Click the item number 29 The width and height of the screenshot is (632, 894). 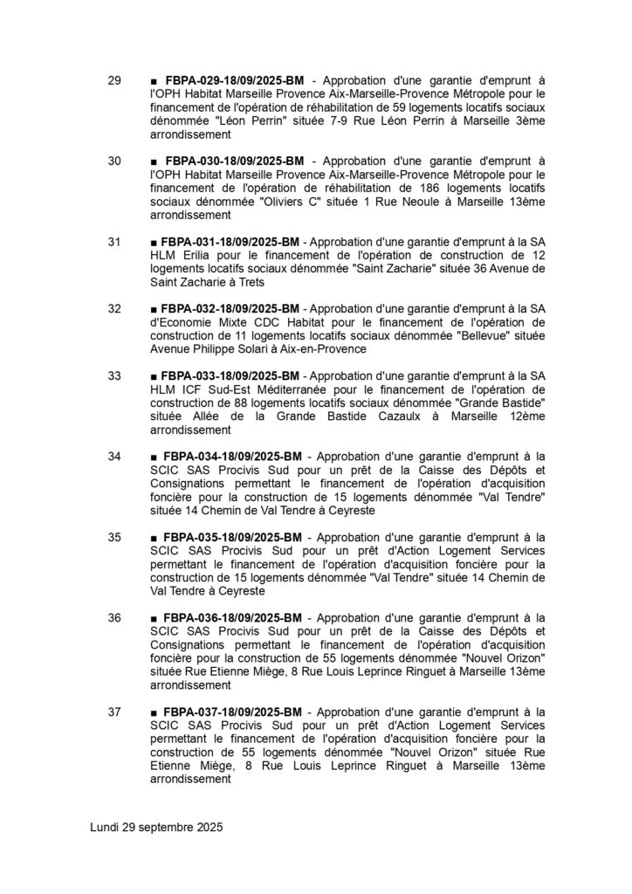tap(114, 82)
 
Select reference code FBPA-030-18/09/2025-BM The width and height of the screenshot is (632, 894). tap(233, 162)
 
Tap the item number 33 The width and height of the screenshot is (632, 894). tap(114, 375)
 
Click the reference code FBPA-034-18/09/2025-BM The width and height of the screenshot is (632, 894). tap(233, 456)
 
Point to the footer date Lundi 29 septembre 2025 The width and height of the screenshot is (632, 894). tap(157, 827)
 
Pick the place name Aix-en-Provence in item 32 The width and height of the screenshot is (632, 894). tap(317, 348)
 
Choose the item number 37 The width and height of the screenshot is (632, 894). tap(114, 711)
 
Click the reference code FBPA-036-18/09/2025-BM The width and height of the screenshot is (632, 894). tap(233, 617)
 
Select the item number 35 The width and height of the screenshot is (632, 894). tap(114, 537)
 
